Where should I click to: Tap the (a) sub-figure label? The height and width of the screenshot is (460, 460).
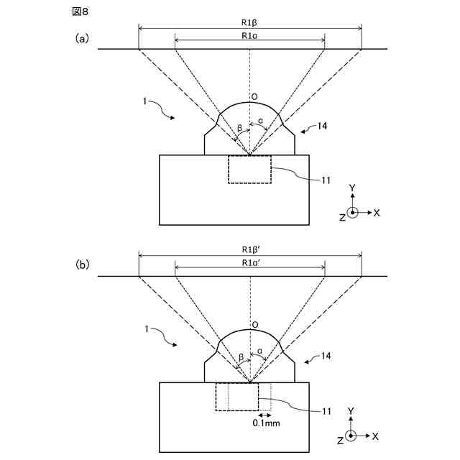point(83,39)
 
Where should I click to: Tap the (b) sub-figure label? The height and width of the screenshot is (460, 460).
point(83,264)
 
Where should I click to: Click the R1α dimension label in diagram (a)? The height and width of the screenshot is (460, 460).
point(249,34)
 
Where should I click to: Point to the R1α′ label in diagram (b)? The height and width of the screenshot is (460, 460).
point(251,262)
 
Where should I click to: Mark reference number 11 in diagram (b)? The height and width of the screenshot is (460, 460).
point(326,411)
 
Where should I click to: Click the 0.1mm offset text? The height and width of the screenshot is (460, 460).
point(266,425)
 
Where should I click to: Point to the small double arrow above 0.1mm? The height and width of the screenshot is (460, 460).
point(264,415)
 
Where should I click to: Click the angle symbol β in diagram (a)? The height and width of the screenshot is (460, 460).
point(240,129)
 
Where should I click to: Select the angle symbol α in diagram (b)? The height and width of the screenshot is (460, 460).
point(259,354)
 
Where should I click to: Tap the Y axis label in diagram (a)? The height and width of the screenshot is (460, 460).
point(352,188)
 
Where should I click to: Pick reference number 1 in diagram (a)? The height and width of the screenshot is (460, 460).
point(145,103)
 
